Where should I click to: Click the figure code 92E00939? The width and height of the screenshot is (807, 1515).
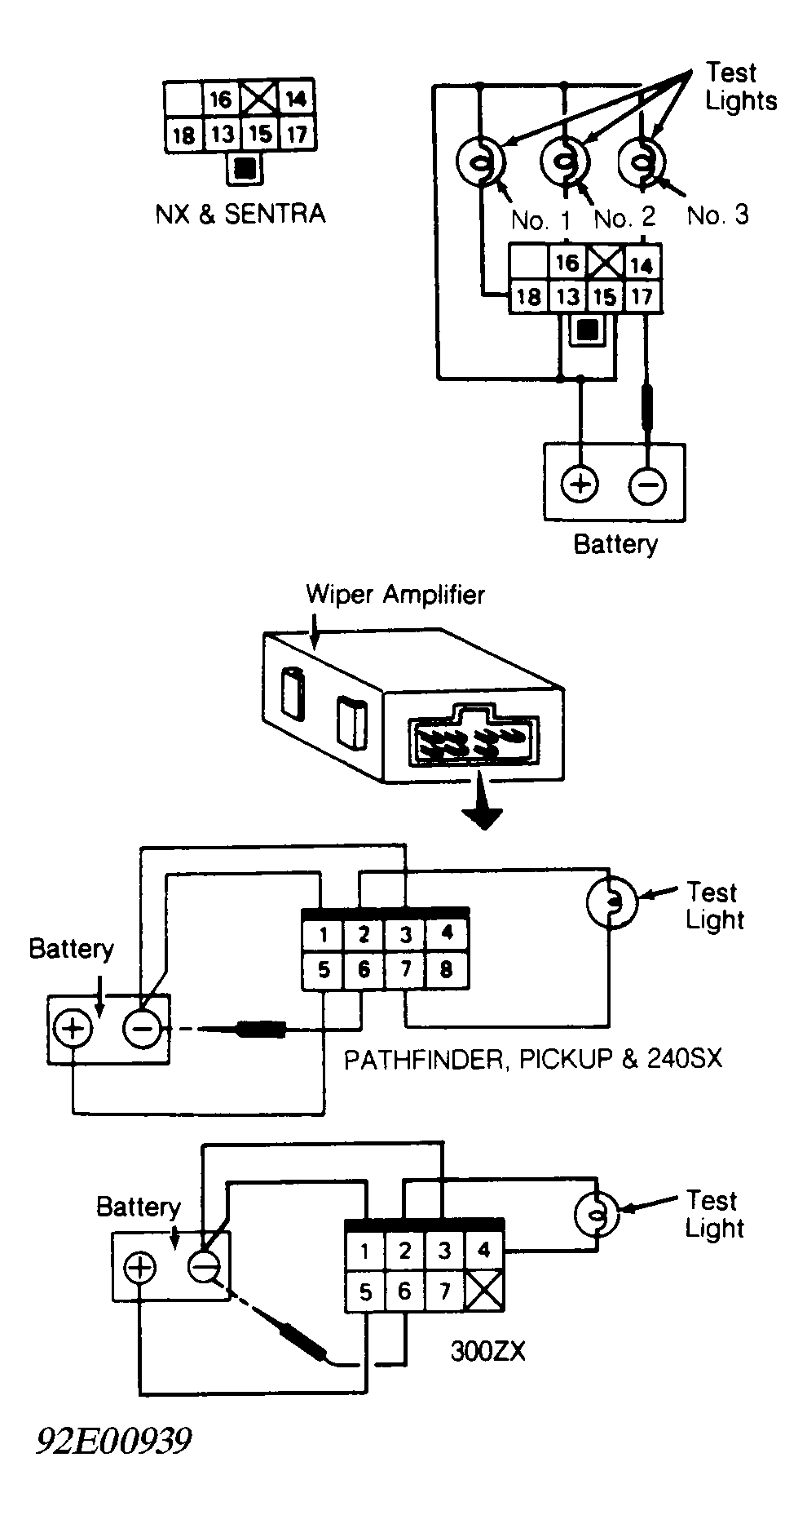(113, 1441)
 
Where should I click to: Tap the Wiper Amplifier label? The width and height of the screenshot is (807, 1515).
(395, 594)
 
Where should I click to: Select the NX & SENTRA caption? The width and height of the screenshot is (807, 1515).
(240, 214)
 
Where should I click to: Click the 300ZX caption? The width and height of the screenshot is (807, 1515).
(488, 1352)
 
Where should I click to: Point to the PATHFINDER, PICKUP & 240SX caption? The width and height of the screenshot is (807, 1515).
(533, 1059)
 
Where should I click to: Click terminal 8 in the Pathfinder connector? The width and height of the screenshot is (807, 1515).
(446, 971)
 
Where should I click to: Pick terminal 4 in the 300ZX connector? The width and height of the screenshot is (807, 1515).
(484, 1251)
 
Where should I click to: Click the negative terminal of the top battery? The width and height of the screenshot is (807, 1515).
(647, 485)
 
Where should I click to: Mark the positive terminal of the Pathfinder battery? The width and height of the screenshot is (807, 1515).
(73, 1028)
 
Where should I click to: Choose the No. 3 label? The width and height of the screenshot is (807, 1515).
(718, 215)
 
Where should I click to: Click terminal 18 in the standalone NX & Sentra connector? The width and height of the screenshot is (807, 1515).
(184, 135)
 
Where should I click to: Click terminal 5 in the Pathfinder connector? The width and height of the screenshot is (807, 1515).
(324, 971)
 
